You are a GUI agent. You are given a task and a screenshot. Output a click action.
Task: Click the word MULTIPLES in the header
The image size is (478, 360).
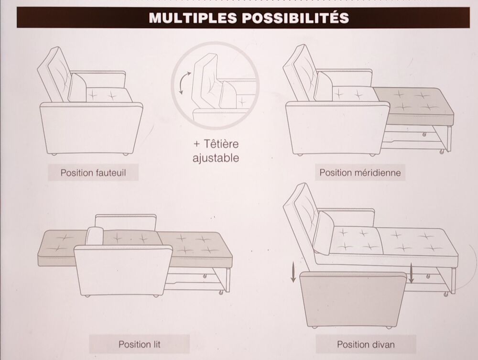[193, 18]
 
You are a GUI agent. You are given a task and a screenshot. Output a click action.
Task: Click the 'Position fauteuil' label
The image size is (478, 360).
[93, 173]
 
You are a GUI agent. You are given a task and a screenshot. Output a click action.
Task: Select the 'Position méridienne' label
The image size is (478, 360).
[360, 173]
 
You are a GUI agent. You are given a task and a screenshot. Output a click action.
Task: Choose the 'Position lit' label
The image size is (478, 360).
[139, 344]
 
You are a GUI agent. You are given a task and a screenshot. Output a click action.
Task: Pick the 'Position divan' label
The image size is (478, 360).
[366, 344]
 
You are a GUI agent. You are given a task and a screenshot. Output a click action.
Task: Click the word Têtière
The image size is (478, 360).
[221, 143]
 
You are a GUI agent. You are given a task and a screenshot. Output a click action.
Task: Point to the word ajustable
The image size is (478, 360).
[216, 158]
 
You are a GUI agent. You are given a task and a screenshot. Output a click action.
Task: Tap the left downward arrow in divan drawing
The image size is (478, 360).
[293, 273]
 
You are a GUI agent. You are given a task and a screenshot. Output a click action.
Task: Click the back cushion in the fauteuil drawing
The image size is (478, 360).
[77, 88]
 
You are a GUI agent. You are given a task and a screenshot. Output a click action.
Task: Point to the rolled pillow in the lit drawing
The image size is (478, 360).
[95, 236]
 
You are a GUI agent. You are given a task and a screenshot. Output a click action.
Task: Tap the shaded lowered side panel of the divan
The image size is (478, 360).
[353, 299]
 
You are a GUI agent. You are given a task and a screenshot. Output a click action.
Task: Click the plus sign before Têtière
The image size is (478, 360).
[197, 144]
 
